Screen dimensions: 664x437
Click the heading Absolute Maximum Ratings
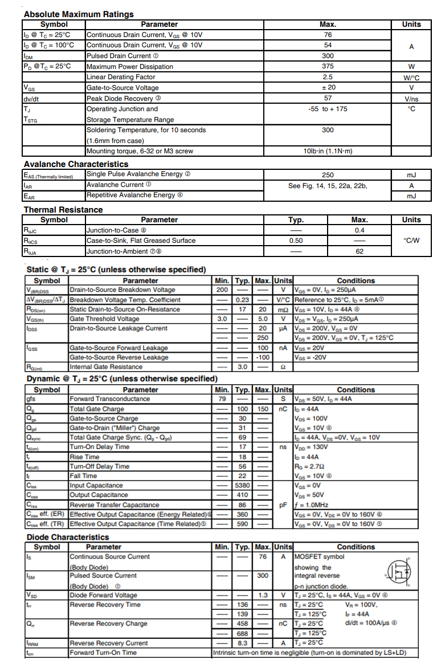79,14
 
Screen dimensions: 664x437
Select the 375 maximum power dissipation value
328,66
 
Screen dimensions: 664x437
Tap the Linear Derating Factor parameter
121,77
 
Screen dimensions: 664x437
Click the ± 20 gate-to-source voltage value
328,88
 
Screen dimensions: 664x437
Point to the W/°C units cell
411,77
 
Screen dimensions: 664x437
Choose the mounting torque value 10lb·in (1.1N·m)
328,151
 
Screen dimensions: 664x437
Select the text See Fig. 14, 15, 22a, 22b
328,185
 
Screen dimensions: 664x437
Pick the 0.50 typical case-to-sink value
296,241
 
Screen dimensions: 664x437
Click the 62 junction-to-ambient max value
360,251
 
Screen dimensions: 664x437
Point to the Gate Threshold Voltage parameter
104,319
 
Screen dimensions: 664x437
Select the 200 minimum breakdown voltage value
222,290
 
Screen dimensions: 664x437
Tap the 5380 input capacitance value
242,486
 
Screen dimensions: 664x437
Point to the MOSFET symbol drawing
399,571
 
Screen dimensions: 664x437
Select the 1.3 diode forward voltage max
263,595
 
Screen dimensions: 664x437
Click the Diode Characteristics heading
67,537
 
